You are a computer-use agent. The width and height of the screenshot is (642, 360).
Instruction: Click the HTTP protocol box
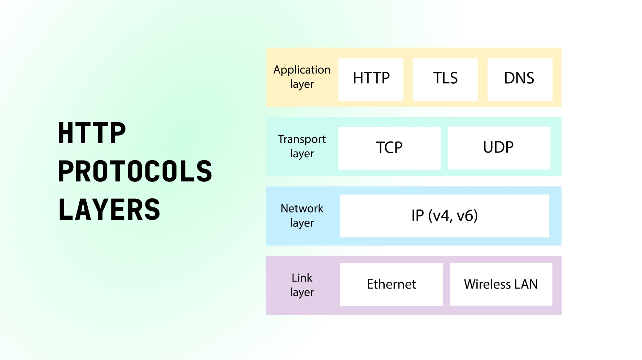(371, 79)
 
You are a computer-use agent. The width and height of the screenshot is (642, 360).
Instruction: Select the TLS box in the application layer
(445, 79)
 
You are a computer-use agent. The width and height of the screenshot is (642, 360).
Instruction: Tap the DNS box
(520, 79)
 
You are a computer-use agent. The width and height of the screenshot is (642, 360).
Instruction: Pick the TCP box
(389, 148)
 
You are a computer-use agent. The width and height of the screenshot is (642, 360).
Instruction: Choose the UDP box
(499, 148)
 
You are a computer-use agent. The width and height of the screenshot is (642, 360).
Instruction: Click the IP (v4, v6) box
(445, 216)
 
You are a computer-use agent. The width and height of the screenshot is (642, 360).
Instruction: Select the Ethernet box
(391, 284)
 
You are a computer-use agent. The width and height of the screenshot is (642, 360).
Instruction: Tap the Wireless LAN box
(501, 284)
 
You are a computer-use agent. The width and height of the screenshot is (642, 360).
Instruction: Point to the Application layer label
(302, 77)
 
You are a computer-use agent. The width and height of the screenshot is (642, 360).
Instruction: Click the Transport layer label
(302, 146)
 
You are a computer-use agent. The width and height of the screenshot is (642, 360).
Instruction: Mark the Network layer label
(302, 215)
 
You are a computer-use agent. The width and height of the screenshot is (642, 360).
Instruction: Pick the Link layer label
(302, 285)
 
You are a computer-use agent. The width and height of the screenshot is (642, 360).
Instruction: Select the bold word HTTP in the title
(92, 133)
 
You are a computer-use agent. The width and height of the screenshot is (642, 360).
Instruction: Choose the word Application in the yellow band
(302, 70)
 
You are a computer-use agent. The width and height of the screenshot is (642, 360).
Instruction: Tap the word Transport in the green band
(302, 139)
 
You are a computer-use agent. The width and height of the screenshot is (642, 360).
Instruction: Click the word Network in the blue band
(302, 208)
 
